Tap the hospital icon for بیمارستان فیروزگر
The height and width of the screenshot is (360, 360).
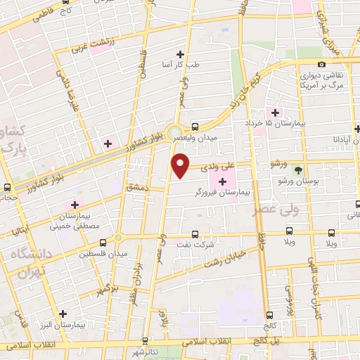tap(223, 181)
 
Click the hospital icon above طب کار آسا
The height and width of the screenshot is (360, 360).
tap(181, 54)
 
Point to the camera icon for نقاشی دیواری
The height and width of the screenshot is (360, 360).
tap(322, 65)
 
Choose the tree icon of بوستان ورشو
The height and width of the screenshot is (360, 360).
tap(298, 171)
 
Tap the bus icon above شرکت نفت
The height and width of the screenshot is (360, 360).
tap(195, 235)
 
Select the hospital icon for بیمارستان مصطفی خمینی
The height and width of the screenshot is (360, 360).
tap(75, 205)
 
